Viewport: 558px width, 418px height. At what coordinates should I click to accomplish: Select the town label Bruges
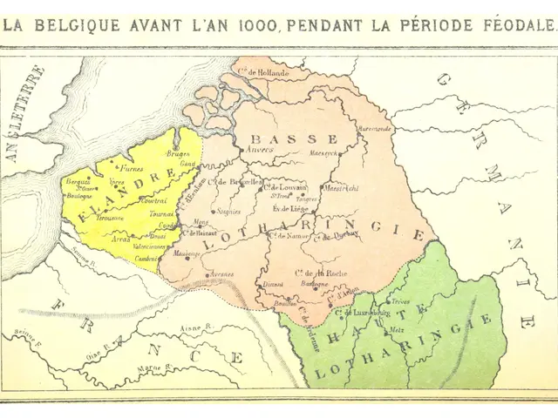pyautogui.click(x=176, y=153)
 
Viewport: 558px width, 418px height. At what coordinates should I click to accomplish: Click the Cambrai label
pyautogui.click(x=146, y=259)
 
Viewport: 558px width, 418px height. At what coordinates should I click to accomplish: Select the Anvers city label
pyautogui.click(x=259, y=149)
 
